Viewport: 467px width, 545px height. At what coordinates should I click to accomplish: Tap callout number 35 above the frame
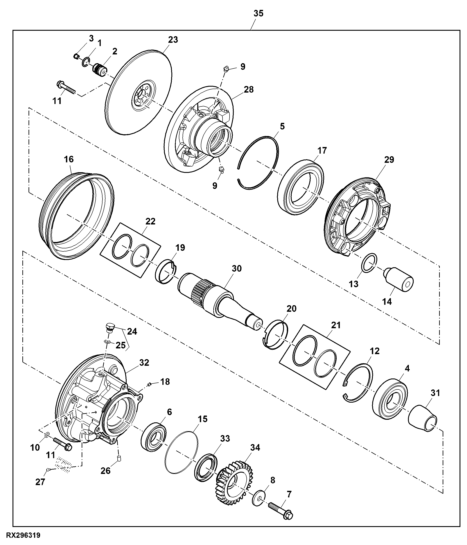(x=258, y=13)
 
